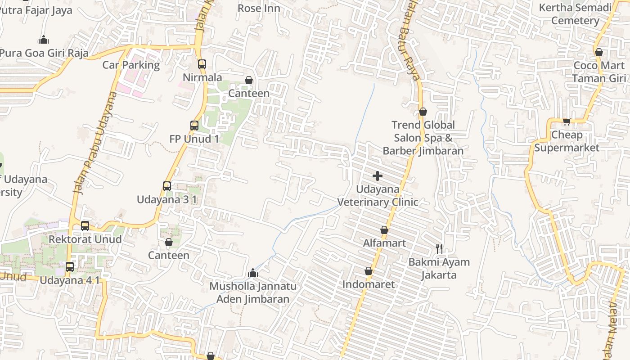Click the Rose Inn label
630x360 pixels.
pyautogui.click(x=259, y=8)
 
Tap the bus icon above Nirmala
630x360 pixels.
pyautogui.click(x=202, y=64)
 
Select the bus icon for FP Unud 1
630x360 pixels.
pyautogui.click(x=194, y=126)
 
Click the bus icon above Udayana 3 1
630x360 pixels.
pyautogui.click(x=167, y=186)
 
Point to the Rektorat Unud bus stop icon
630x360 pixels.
pyautogui.click(x=85, y=226)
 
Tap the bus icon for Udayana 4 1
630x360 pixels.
pyautogui.click(x=70, y=267)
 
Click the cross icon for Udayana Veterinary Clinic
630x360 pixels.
pyautogui.click(x=378, y=176)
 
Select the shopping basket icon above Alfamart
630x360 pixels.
pyautogui.click(x=384, y=230)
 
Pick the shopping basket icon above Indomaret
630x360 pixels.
pyautogui.click(x=369, y=271)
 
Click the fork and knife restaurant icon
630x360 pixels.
pyautogui.click(x=439, y=248)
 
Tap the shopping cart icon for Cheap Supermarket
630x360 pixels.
pyautogui.click(x=567, y=121)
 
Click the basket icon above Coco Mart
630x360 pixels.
pyautogui.click(x=599, y=52)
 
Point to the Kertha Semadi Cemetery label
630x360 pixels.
pyautogui.click(x=575, y=14)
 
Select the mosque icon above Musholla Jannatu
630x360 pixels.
pyautogui.click(x=253, y=273)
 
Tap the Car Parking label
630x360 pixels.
pyautogui.click(x=131, y=65)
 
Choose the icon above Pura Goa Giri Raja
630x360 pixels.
pyautogui.click(x=44, y=40)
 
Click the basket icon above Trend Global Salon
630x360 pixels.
pyautogui.click(x=423, y=112)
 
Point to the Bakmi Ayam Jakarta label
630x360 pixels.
pyautogui.click(x=439, y=269)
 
